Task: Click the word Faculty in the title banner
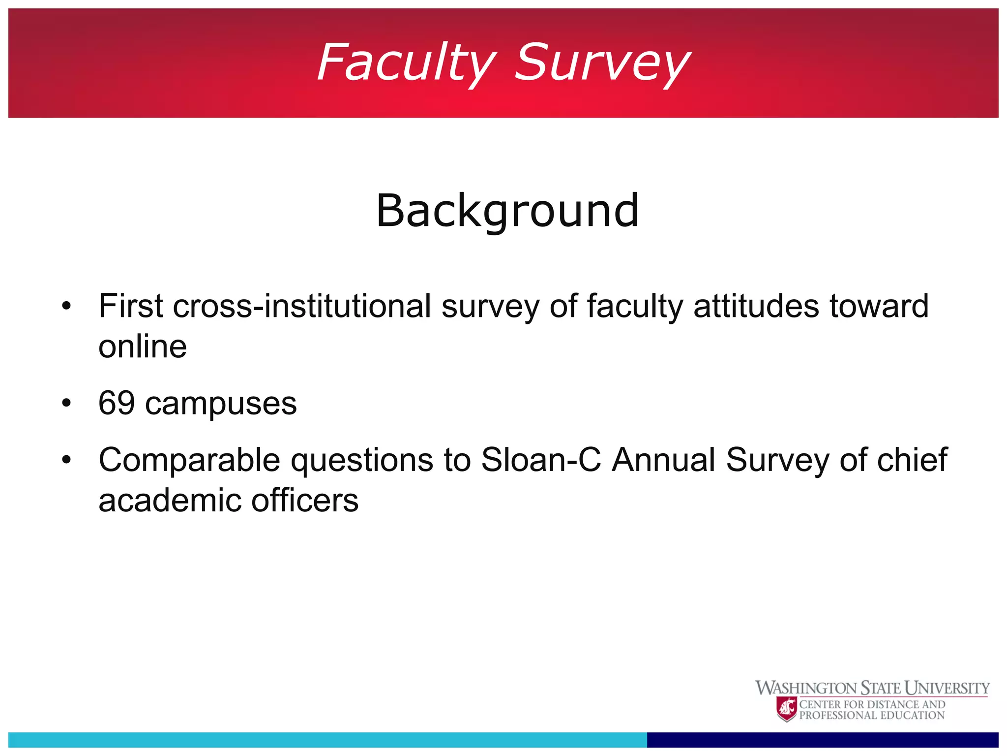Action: point(406,63)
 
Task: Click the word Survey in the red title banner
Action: point(602,63)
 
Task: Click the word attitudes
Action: point(756,306)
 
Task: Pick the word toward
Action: point(879,306)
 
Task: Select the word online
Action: point(143,346)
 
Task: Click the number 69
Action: point(117,403)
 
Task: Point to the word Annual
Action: point(663,460)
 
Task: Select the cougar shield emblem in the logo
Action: point(787,709)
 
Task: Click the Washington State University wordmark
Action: point(872,688)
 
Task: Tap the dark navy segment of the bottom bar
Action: point(822,739)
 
